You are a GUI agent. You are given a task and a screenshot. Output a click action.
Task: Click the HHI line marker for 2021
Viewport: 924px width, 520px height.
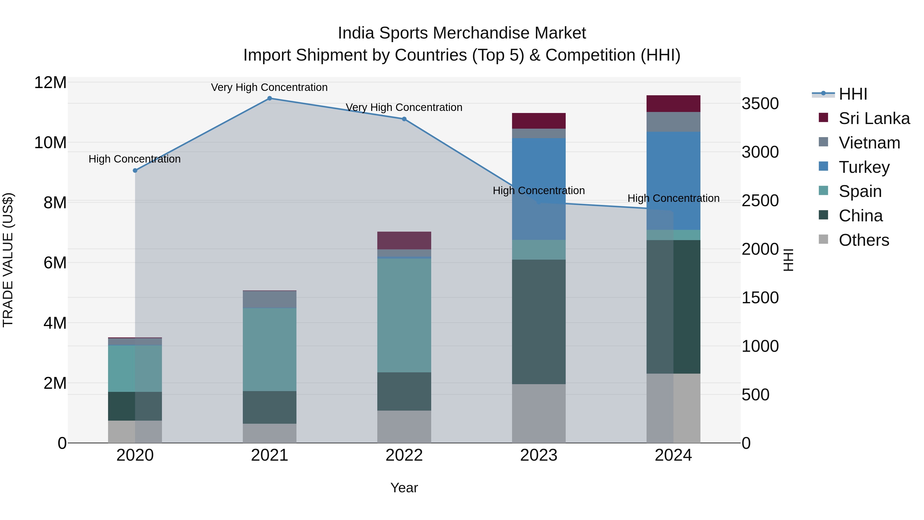[x=269, y=98]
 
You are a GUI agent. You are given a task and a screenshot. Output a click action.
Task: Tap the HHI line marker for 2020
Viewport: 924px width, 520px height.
[x=135, y=171]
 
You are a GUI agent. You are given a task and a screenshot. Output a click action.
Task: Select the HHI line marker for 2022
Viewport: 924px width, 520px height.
[x=404, y=119]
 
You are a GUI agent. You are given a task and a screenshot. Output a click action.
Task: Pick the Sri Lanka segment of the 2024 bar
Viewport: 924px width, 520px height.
[x=673, y=104]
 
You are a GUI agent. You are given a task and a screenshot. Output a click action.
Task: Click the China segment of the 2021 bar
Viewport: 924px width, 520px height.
[x=269, y=407]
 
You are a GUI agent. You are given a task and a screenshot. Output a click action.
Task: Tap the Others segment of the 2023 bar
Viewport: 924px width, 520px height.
[x=538, y=413]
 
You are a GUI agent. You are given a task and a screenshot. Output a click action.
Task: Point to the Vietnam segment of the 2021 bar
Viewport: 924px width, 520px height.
[x=269, y=299]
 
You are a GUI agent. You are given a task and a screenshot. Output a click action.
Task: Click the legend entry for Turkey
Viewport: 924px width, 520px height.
[x=864, y=167]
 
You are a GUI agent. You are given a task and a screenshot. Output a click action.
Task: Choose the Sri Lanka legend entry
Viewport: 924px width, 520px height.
[x=874, y=118]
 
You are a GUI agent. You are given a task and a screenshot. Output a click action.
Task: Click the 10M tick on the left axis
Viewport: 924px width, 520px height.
[x=50, y=143]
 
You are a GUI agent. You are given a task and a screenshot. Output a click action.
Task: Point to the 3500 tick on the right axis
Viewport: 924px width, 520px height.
[x=760, y=104]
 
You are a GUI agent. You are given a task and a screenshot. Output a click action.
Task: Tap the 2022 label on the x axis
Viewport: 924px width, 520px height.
[x=404, y=455]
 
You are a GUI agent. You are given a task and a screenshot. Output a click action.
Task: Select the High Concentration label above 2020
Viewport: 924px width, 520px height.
[x=134, y=159]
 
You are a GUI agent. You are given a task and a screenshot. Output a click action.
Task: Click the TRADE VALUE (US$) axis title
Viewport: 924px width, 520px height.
[x=8, y=260]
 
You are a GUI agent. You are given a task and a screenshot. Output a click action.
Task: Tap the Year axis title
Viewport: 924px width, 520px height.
[x=404, y=488]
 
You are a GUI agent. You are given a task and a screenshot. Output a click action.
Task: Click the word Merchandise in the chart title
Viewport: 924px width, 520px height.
[x=482, y=33]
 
